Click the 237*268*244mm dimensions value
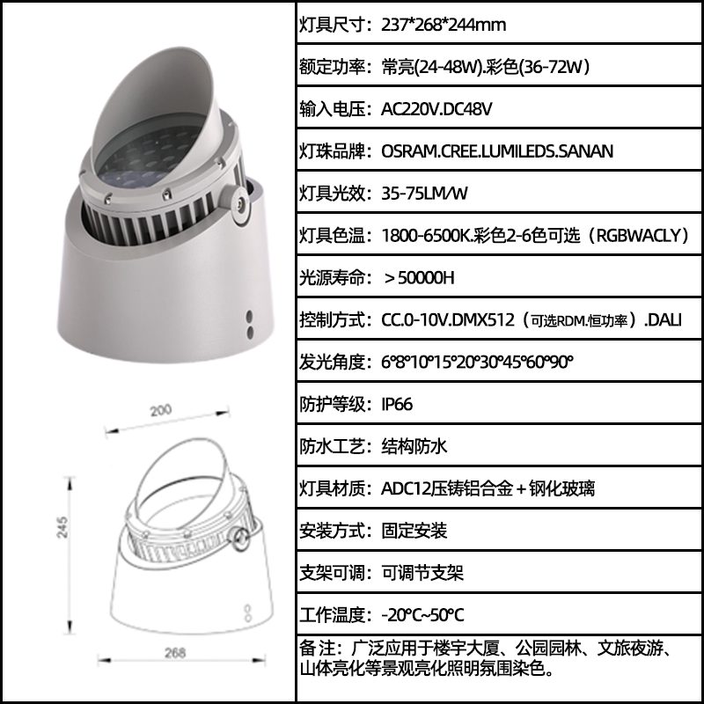point(444,25)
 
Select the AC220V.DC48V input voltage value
point(436,108)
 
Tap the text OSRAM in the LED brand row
point(409,151)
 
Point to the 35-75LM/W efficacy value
point(424,193)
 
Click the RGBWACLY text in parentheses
point(638,235)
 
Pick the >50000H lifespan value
point(419,278)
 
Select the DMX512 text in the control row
point(482,319)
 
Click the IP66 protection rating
point(397,404)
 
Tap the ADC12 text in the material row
point(406,488)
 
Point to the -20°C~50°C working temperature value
point(422,614)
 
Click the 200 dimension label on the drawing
point(160,410)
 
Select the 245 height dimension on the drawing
point(62,527)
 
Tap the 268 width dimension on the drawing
point(174,652)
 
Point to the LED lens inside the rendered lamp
point(143,158)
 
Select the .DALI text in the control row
point(664,319)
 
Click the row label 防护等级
point(333,404)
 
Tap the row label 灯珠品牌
point(333,151)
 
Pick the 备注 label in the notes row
point(317,649)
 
